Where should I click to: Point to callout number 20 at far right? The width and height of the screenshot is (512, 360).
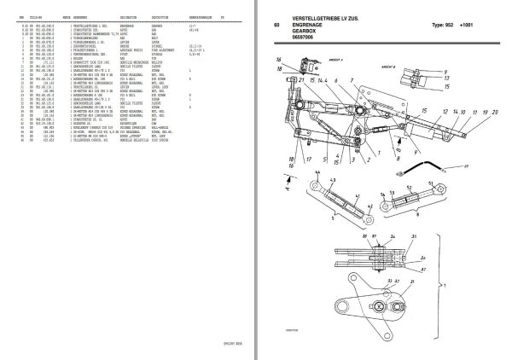pos(493,112)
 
